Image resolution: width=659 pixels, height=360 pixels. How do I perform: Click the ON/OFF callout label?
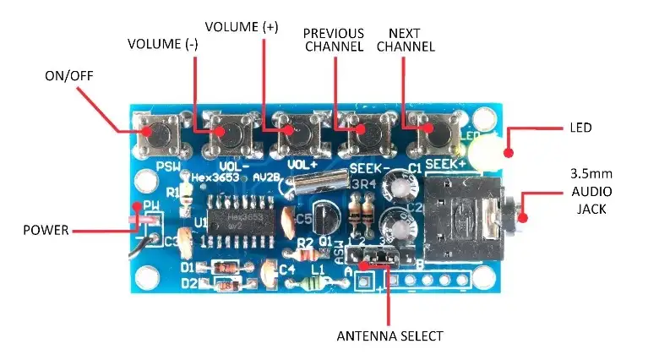(x=69, y=77)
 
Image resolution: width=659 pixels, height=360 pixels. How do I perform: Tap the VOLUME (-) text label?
(x=162, y=43)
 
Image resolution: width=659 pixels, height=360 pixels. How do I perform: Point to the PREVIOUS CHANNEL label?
(x=334, y=40)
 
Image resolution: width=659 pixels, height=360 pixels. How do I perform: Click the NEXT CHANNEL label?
(x=406, y=40)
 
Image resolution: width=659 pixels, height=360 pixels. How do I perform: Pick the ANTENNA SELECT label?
(x=389, y=335)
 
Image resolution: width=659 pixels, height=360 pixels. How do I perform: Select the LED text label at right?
(x=580, y=128)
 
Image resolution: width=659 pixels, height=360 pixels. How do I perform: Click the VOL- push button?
(x=230, y=130)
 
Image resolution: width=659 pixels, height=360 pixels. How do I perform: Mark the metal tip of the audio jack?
(x=523, y=216)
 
